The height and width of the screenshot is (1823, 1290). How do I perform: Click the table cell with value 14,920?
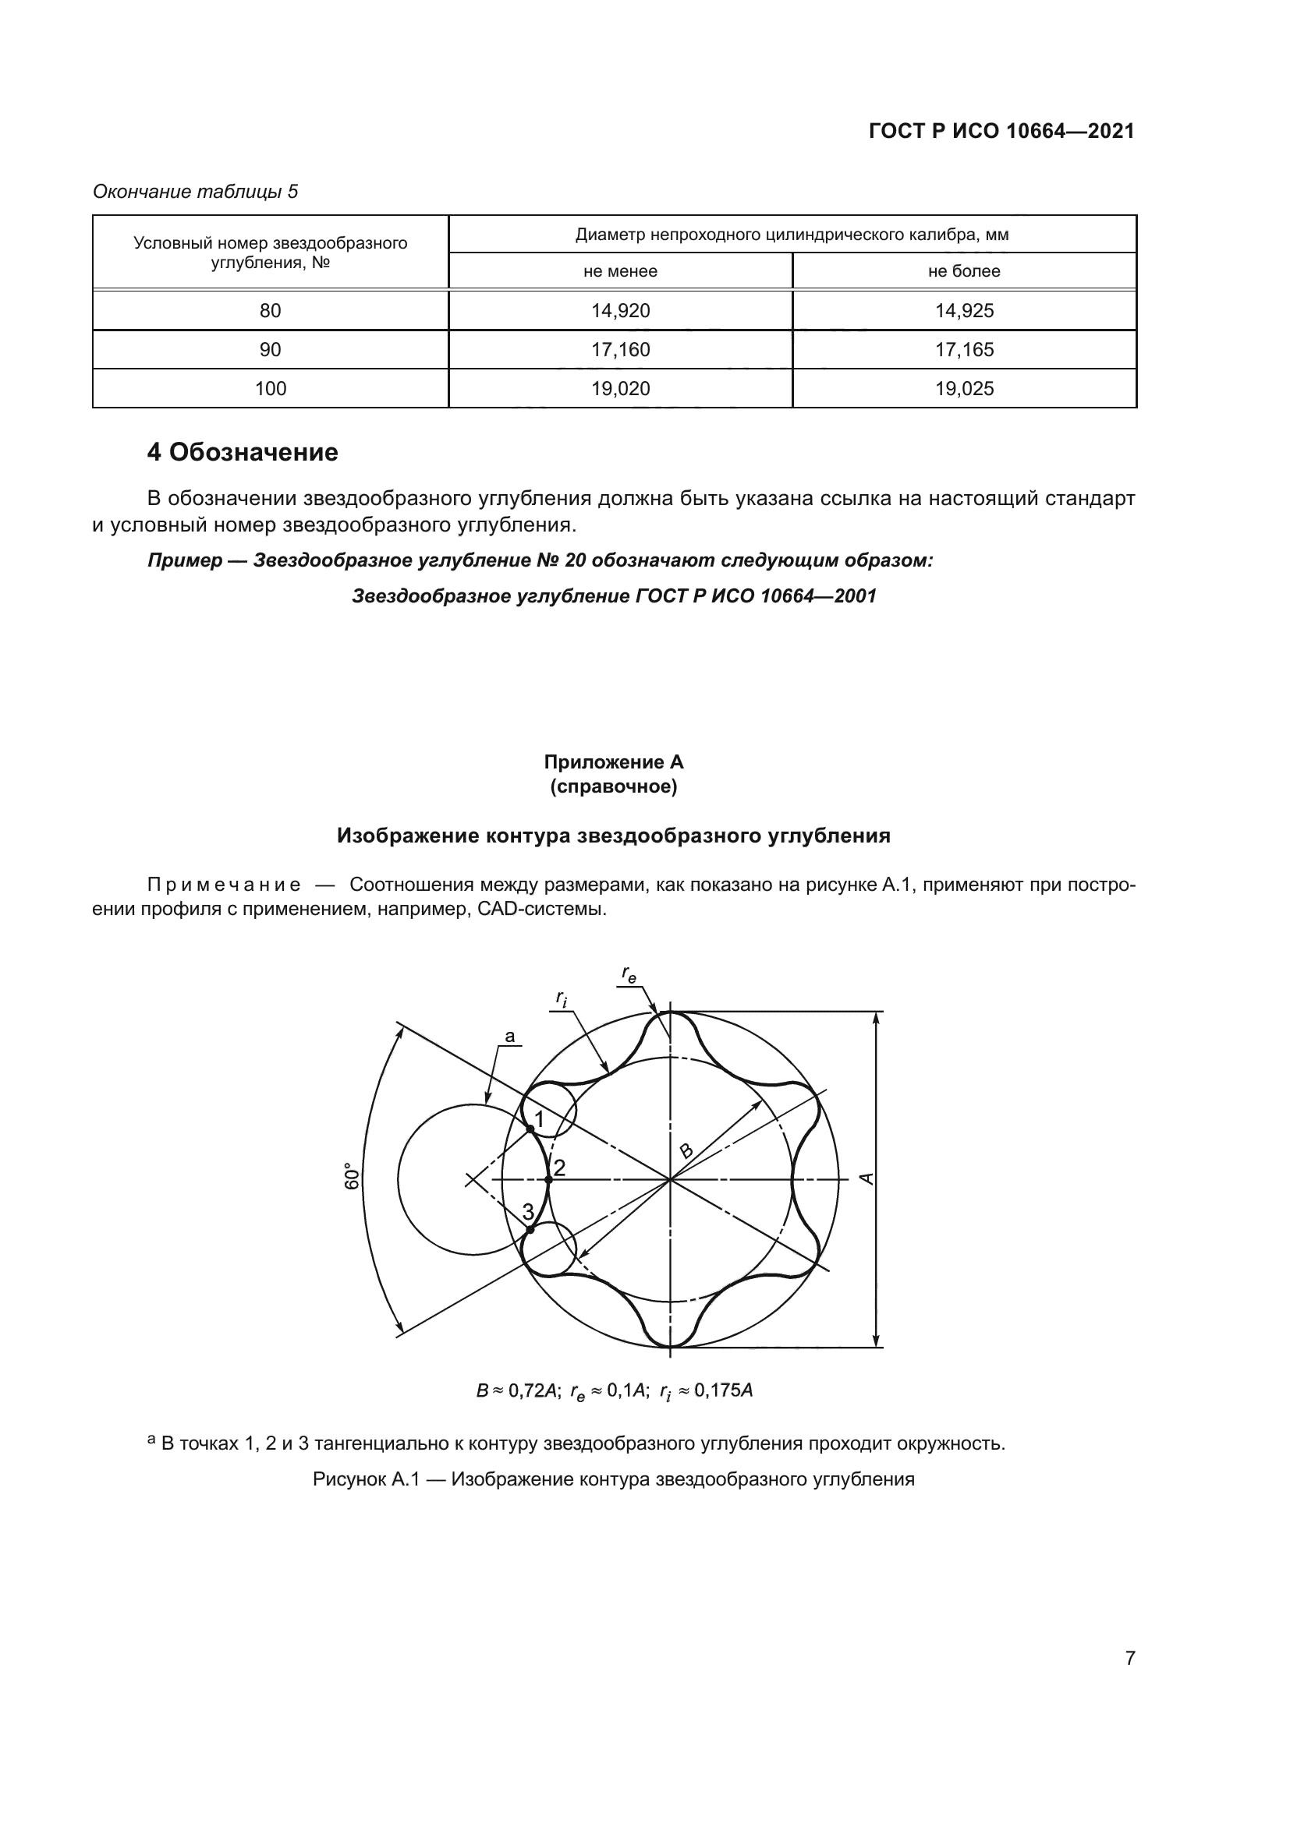(620, 310)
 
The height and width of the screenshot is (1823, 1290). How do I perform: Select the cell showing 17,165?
(964, 349)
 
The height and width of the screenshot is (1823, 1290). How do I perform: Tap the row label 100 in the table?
(270, 388)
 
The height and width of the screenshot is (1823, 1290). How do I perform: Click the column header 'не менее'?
(620, 270)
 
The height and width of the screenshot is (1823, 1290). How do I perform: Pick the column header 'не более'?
(964, 270)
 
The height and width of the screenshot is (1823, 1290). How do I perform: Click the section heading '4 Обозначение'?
(243, 453)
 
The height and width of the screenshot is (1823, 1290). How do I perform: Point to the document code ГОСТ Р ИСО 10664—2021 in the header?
(1001, 131)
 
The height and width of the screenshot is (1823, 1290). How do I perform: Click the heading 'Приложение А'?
(613, 762)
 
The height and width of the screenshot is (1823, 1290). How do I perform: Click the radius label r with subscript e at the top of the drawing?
(629, 973)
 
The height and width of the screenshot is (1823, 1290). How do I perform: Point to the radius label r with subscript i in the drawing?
(562, 999)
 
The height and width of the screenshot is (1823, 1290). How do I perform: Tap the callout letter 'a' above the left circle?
(510, 1036)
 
